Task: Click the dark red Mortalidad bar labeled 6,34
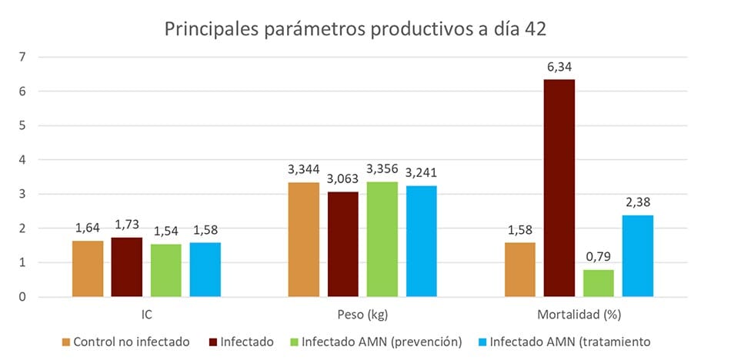pos(559,188)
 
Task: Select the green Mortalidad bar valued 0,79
pos(599,284)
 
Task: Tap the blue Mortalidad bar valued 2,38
pos(638,256)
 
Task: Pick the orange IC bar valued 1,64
pos(88,269)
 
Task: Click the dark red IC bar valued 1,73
pos(127,267)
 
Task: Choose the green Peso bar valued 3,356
pos(382,239)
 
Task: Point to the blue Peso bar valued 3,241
pos(422,242)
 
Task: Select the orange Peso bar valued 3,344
pos(304,240)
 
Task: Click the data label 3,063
pos(343,179)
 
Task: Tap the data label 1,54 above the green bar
pos(166,232)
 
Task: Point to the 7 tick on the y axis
pos(22,57)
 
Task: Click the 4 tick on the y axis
pos(22,160)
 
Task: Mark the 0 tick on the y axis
pos(22,297)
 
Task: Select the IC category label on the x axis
pos(146,315)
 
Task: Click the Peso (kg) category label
pos(362,315)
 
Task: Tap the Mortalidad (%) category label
pos(579,315)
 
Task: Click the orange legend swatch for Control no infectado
pos(65,342)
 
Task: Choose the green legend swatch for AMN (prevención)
pos(292,342)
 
